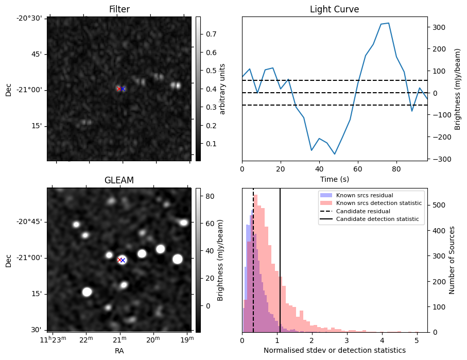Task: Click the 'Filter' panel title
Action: tap(119, 9)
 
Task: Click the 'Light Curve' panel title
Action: tap(334, 9)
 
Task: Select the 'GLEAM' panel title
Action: tap(119, 180)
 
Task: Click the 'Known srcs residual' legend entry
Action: tap(360, 195)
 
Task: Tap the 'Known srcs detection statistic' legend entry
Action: tap(379, 203)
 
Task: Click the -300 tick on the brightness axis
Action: tap(437, 159)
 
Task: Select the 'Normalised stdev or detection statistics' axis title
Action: tap(334, 350)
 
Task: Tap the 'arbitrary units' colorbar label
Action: tap(222, 89)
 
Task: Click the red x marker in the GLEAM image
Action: tap(119, 260)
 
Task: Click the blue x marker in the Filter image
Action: tap(123, 89)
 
